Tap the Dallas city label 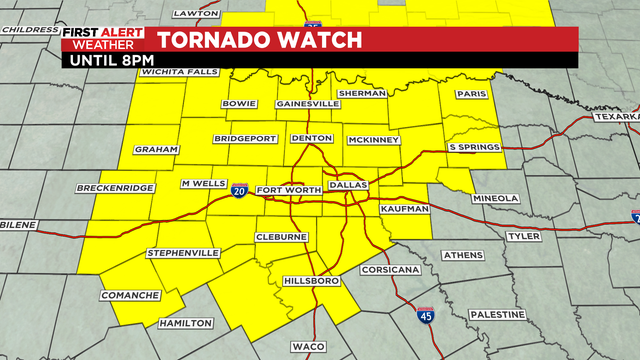click(x=349, y=185)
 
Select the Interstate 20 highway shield click(x=240, y=191)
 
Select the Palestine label click(x=496, y=314)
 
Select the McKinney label click(x=374, y=140)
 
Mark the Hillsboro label click(x=312, y=281)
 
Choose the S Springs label click(x=472, y=148)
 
